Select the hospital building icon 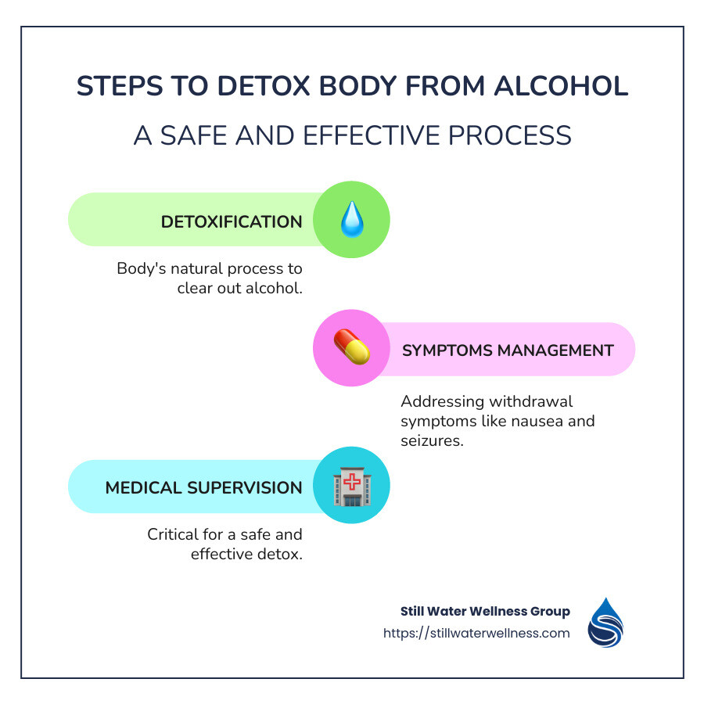tap(351, 487)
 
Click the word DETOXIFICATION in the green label tap(232, 221)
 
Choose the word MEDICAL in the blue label tap(145, 487)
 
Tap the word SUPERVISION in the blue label tap(245, 487)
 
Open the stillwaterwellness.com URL tap(476, 633)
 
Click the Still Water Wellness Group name tap(484, 611)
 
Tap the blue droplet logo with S tap(607, 623)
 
